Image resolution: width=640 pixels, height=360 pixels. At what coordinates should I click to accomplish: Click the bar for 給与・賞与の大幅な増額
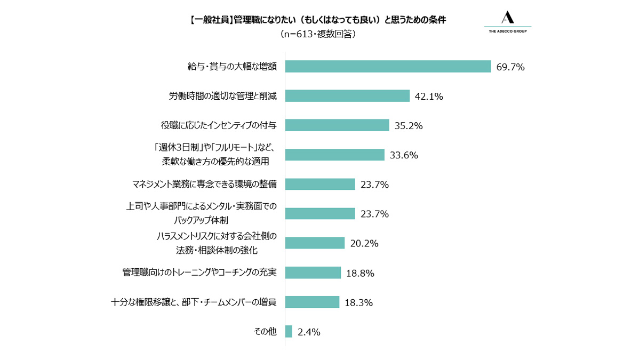[x=388, y=67]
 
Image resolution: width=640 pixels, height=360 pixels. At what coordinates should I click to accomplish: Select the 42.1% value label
[x=429, y=97]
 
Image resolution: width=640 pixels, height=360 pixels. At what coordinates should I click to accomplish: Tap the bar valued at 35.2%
[x=337, y=125]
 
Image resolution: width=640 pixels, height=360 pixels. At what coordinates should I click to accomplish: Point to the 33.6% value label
[x=404, y=155]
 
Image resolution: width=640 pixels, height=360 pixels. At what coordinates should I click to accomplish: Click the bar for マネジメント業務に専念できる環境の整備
[x=321, y=185]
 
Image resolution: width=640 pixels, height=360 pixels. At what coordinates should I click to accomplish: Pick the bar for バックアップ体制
[x=321, y=214]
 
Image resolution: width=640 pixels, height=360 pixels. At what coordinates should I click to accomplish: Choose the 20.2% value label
[x=364, y=243]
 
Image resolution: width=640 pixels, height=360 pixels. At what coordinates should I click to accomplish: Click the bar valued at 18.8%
[x=313, y=273]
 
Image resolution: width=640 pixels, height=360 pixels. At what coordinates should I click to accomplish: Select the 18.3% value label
[x=359, y=302]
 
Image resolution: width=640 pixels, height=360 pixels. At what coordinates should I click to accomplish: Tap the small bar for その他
[x=289, y=331]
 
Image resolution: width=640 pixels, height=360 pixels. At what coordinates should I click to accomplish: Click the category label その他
[x=265, y=331]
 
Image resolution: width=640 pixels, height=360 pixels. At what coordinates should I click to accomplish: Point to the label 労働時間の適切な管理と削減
[x=223, y=96]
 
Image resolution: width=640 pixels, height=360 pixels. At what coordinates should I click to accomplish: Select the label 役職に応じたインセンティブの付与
[x=219, y=125]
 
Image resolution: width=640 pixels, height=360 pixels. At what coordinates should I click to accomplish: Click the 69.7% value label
[x=510, y=67]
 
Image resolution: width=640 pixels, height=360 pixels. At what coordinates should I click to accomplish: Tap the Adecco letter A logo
[x=508, y=17]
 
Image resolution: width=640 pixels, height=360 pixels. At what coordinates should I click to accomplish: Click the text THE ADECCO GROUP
[x=508, y=31]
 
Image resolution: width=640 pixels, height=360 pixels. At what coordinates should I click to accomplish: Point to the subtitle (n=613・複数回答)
[x=318, y=34]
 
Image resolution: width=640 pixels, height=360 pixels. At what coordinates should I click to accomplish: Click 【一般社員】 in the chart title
[x=211, y=20]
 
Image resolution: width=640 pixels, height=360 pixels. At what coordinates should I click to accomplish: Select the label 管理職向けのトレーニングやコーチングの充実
[x=199, y=273]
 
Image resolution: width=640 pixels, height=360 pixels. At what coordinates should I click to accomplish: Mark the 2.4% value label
[x=309, y=332]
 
